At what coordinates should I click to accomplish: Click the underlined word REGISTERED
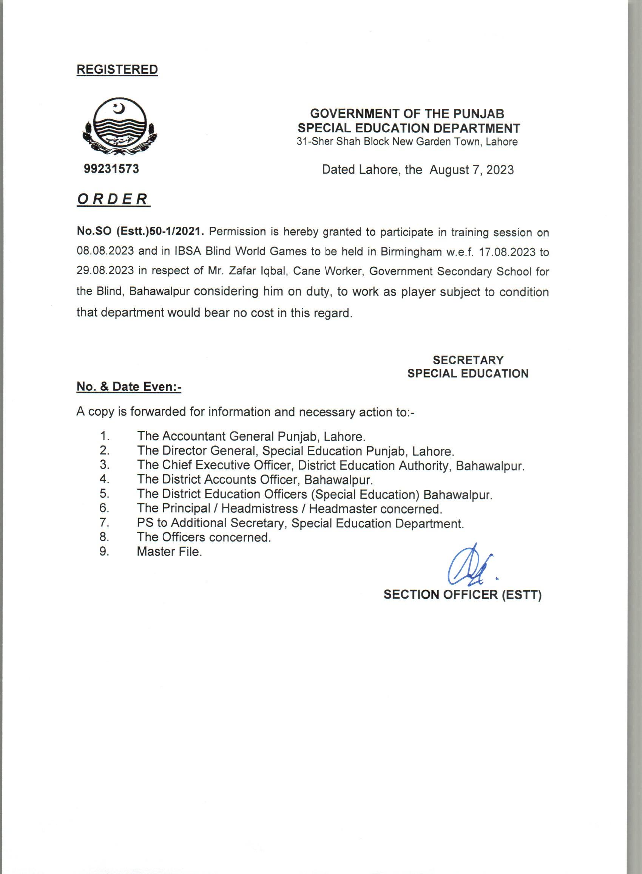(117, 69)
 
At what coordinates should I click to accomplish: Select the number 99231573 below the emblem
(111, 169)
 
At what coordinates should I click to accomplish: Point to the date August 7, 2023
(471, 170)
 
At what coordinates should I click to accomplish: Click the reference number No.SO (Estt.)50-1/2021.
(140, 231)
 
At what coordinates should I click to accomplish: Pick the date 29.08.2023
(105, 271)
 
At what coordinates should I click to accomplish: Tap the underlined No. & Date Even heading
(129, 387)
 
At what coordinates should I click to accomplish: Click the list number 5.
(104, 494)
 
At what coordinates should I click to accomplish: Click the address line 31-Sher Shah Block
(407, 142)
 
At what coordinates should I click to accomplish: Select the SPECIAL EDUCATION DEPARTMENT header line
(409, 128)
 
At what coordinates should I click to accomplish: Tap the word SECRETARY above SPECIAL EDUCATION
(468, 360)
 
